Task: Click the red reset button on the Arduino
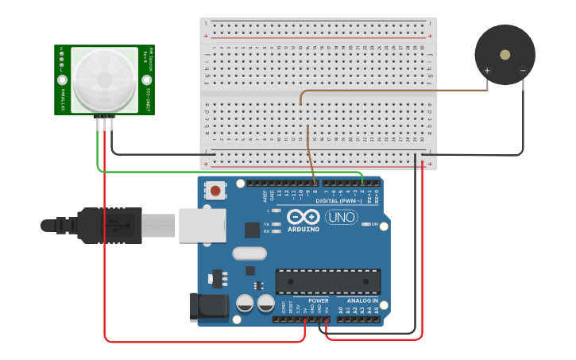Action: tap(215, 191)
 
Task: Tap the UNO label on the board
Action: tap(342, 217)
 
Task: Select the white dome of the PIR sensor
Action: tap(104, 79)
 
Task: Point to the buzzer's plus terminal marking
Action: tap(488, 71)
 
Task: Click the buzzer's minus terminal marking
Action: tap(523, 71)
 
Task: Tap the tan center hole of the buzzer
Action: tap(505, 54)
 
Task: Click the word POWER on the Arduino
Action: tap(319, 301)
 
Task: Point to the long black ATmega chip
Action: tap(327, 281)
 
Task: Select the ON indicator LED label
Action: tap(375, 224)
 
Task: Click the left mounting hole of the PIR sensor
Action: tap(62, 79)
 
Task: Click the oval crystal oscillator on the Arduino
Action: tap(251, 254)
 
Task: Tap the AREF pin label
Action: tap(265, 195)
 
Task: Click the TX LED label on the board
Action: tap(266, 225)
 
